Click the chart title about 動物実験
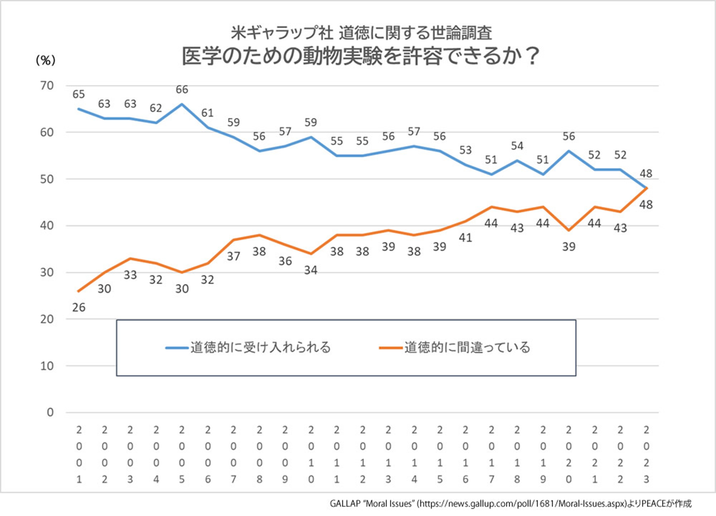point(360,56)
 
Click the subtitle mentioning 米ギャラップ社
point(361,32)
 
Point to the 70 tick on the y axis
point(47,86)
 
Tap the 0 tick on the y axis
point(50,412)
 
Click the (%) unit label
point(45,60)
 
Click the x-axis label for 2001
point(79,454)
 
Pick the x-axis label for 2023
point(646,454)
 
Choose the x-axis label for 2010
point(311,454)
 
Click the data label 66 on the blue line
point(182,89)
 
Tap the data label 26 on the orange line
point(79,308)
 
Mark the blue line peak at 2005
point(182,104)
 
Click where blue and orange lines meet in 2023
point(646,188)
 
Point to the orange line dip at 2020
point(569,230)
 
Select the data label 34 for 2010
point(311,270)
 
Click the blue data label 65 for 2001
point(79,94)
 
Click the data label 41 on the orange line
point(465,237)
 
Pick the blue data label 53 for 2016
point(465,150)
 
